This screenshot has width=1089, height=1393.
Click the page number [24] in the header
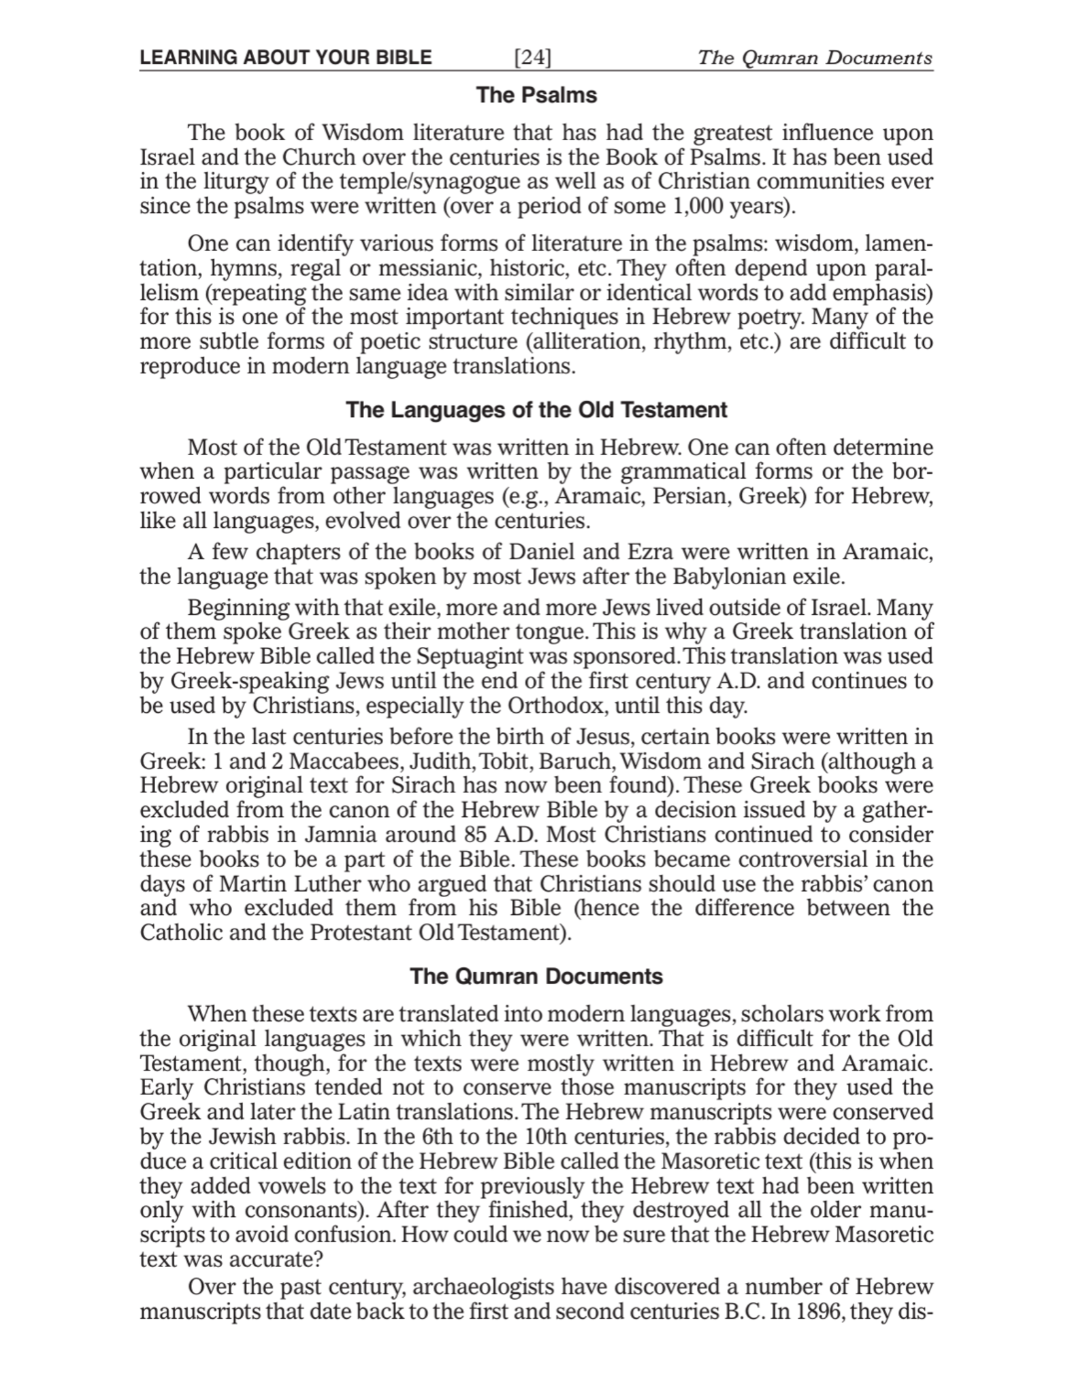tap(532, 57)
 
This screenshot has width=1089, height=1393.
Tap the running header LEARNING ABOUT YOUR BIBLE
tap(285, 57)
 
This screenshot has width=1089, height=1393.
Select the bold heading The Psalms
tap(536, 95)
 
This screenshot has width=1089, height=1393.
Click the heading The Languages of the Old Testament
tap(536, 410)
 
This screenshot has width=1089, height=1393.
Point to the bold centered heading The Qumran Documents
tap(536, 976)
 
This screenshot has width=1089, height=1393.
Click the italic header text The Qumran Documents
tap(815, 57)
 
